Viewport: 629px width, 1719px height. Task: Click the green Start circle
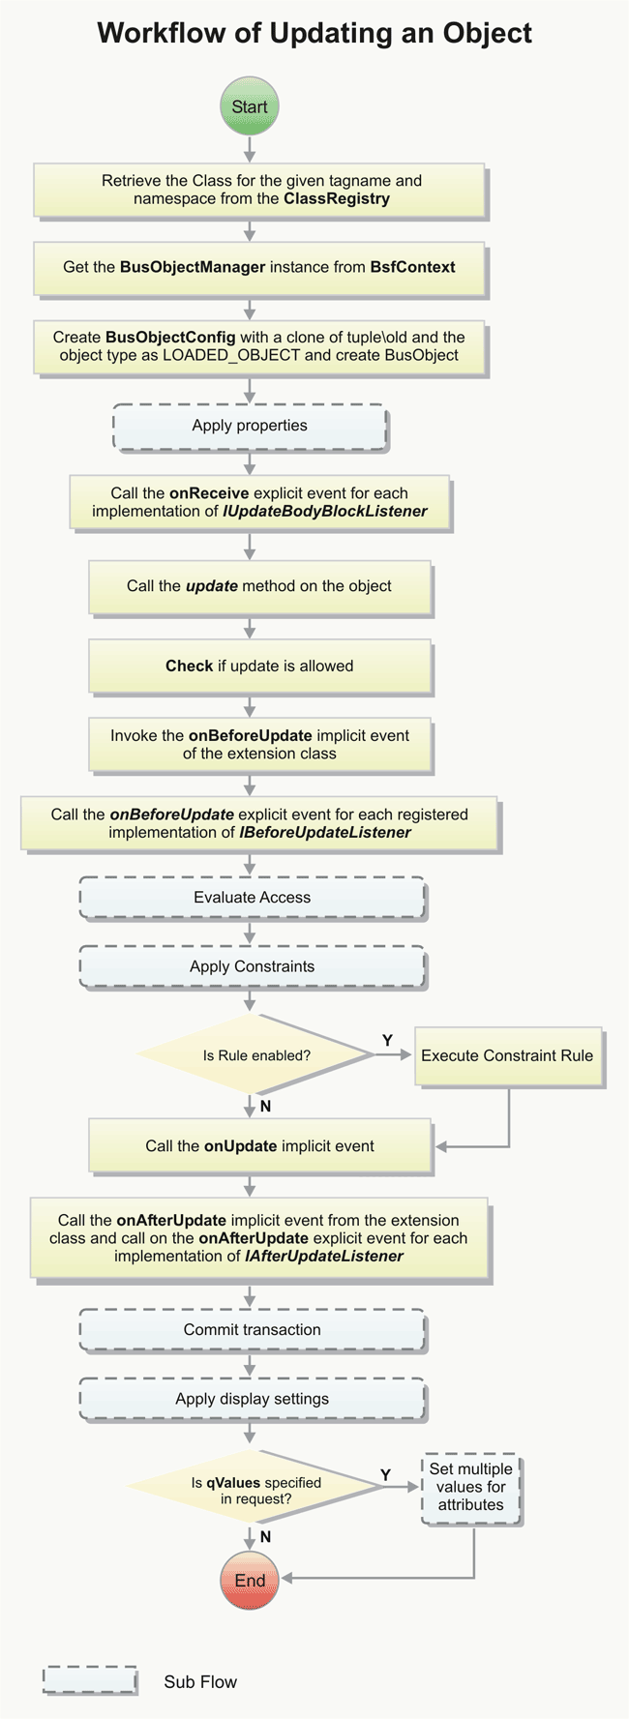(250, 107)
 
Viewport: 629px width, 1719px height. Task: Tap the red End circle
(250, 1581)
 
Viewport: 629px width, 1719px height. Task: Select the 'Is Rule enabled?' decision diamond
(256, 1055)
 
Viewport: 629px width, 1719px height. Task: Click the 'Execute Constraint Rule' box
(507, 1055)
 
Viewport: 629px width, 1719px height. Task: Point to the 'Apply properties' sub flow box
(250, 426)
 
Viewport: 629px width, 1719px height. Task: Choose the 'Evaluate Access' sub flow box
(252, 898)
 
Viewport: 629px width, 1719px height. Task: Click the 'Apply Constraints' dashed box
(252, 966)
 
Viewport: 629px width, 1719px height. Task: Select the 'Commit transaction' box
(252, 1330)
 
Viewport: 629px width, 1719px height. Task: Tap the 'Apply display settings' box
(252, 1399)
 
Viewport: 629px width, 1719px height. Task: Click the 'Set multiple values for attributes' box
(471, 1487)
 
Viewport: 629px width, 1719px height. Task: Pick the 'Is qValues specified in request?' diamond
(255, 1491)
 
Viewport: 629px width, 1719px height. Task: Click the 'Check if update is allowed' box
(259, 666)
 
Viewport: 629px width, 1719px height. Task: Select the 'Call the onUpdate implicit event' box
(259, 1146)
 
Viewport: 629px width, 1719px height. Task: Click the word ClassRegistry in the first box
(337, 199)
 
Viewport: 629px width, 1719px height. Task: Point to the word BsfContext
(412, 267)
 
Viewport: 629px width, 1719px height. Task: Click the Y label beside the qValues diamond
(385, 1475)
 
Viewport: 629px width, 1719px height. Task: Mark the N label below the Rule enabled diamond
(265, 1107)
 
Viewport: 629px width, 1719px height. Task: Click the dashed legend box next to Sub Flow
(89, 1681)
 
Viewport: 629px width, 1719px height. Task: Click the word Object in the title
(488, 34)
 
